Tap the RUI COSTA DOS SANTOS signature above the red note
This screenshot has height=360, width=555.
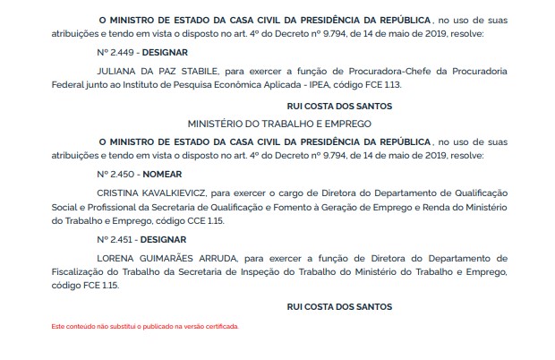[339, 307]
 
